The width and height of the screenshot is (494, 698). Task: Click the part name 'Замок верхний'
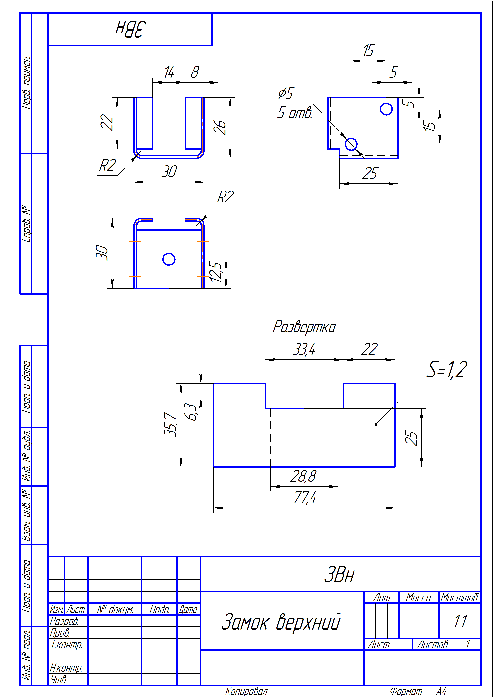click(280, 622)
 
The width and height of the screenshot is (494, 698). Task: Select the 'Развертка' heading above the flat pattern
click(304, 327)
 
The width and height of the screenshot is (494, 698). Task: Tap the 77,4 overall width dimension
click(305, 497)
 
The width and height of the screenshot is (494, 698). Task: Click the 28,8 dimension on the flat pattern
click(303, 476)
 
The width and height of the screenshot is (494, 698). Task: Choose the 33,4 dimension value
click(304, 349)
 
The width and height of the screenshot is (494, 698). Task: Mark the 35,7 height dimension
click(170, 425)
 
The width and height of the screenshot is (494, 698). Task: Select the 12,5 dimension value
click(215, 271)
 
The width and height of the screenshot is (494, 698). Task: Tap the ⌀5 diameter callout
click(285, 93)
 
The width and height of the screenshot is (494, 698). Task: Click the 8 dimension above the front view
click(195, 72)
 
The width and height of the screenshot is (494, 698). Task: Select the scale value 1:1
click(461, 621)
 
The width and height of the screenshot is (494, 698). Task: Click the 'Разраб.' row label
click(64, 621)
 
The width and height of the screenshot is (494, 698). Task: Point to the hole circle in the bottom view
click(169, 259)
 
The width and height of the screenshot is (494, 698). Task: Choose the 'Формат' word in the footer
click(406, 691)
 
